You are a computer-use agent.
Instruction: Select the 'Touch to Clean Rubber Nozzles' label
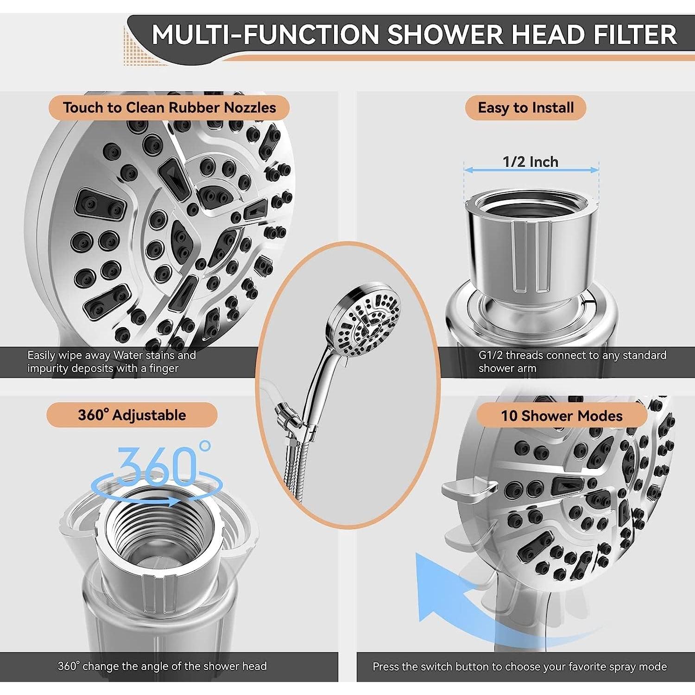tap(169, 108)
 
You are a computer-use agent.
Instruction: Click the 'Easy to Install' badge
tap(525, 108)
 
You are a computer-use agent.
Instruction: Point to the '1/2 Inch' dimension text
tap(531, 162)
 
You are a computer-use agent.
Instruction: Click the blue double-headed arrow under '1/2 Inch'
tap(531, 171)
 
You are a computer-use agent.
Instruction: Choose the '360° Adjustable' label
tap(132, 415)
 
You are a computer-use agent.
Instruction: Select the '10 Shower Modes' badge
tap(561, 416)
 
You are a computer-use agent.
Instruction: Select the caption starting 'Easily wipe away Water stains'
tap(111, 362)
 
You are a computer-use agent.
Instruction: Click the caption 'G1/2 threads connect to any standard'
tap(572, 355)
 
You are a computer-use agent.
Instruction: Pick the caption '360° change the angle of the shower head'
tap(162, 666)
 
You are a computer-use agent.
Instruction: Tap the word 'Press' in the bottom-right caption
tap(385, 667)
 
